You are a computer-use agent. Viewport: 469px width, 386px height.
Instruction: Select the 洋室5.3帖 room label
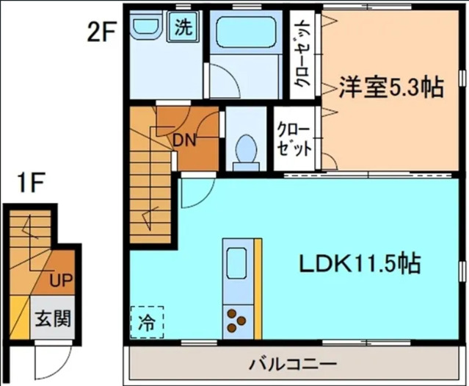[390, 87]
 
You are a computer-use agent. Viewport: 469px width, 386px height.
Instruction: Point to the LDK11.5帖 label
[359, 262]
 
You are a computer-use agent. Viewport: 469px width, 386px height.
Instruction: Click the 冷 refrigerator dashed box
[147, 321]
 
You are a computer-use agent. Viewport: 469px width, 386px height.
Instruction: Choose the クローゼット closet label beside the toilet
[294, 139]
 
